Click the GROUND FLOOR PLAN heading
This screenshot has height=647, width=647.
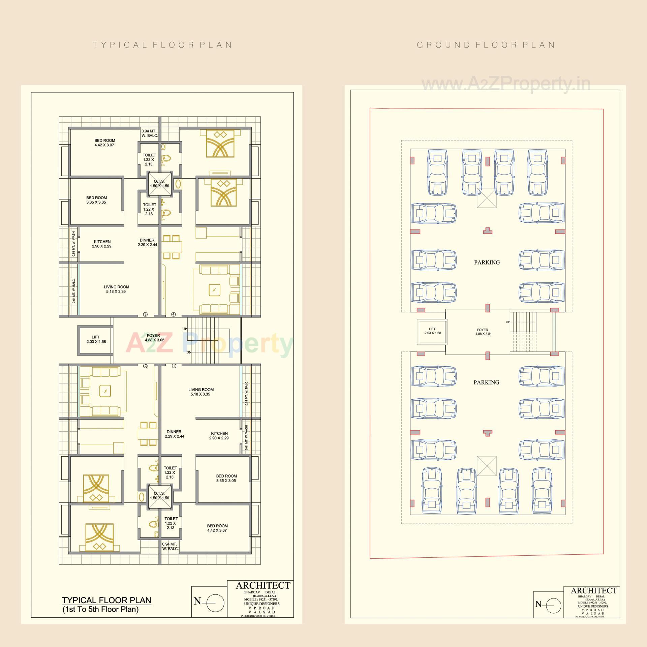coord(486,45)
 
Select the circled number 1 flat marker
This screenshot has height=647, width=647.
coord(174,366)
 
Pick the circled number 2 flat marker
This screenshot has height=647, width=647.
coord(146,366)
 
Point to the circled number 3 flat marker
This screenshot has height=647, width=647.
coord(145,314)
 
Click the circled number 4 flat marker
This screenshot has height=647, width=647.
coord(174,314)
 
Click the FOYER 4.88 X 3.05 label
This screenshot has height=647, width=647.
coord(154,338)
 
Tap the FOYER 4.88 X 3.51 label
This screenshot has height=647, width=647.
coord(483,332)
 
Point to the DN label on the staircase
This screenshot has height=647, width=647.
coord(189,352)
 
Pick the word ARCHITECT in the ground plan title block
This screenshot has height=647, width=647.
coord(594,591)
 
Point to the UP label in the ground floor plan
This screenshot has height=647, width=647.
coord(507,322)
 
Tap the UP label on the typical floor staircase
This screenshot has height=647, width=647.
coord(185,329)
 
